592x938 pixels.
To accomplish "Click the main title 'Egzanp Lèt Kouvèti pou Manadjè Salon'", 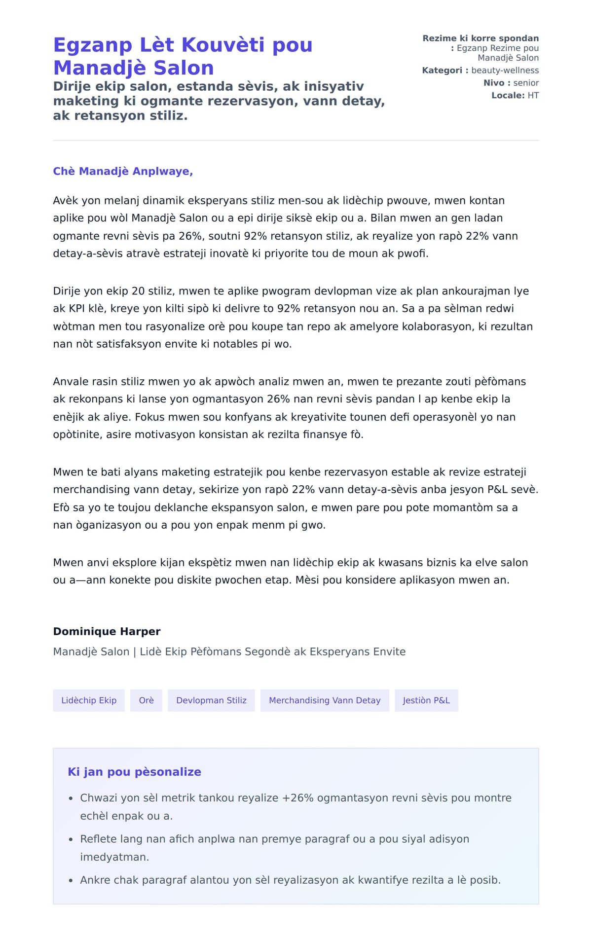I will point(183,56).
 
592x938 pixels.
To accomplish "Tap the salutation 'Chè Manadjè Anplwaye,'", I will point(123,171).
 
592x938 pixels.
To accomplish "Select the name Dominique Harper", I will point(107,631).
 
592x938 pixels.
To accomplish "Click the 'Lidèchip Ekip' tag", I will point(89,700).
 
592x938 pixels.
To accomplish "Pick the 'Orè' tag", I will point(146,700).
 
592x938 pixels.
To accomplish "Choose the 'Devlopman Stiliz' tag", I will point(211,700).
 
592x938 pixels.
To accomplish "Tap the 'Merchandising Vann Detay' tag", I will point(325,700).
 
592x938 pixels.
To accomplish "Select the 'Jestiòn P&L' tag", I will point(426,700).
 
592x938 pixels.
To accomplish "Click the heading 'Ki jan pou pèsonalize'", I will point(134,772).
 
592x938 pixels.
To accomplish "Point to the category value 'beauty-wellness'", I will point(505,71).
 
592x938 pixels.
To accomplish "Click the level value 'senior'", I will point(526,83).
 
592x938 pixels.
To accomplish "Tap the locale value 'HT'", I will point(533,95).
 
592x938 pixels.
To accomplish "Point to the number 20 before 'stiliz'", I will point(138,291).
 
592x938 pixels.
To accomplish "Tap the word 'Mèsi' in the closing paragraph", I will point(307,580).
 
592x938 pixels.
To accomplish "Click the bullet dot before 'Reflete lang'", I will point(71,839).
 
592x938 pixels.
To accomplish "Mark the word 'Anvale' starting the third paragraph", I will point(70,382).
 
